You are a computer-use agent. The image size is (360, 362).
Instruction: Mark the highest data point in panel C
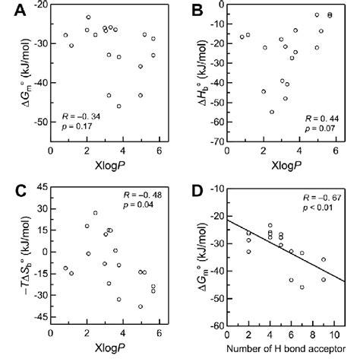[x=95, y=213]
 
